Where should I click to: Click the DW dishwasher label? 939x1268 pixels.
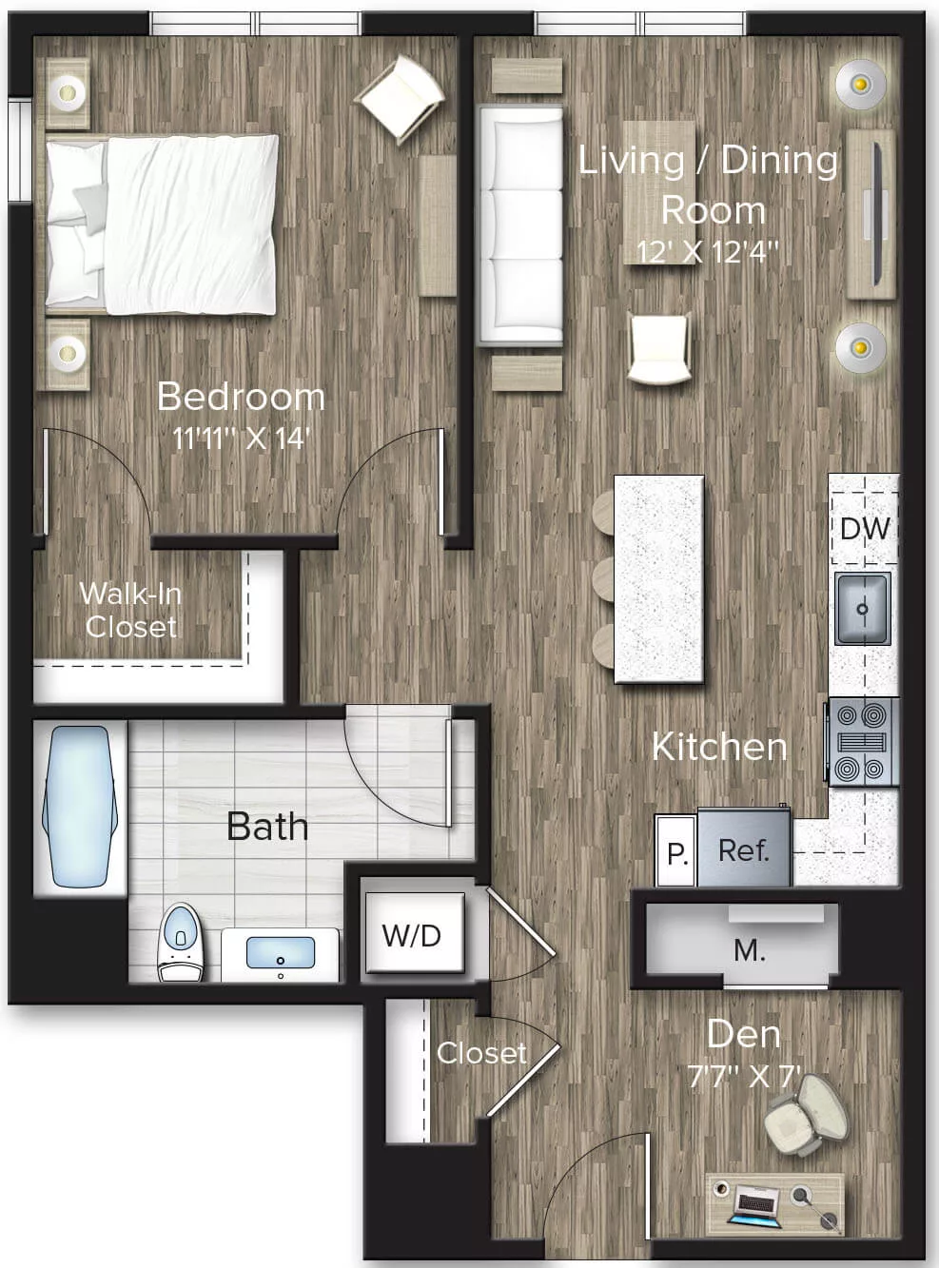pyautogui.click(x=864, y=528)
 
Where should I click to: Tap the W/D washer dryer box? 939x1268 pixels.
pyautogui.click(x=412, y=935)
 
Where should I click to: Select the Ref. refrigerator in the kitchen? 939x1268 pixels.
pyautogui.click(x=743, y=849)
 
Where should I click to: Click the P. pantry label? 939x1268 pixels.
pyautogui.click(x=676, y=853)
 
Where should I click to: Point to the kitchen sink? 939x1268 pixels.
pyautogui.click(x=863, y=609)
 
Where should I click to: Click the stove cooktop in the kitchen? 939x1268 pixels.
pyautogui.click(x=863, y=742)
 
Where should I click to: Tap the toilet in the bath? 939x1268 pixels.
pyautogui.click(x=181, y=942)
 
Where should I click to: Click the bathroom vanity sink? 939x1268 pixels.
pyautogui.click(x=280, y=952)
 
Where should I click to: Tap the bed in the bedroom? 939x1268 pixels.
pyautogui.click(x=164, y=224)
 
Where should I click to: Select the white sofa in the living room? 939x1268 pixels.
pyautogui.click(x=520, y=224)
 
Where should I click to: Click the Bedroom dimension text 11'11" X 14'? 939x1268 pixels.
pyautogui.click(x=242, y=439)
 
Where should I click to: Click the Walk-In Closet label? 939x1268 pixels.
pyautogui.click(x=130, y=610)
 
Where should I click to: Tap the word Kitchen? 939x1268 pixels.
pyautogui.click(x=719, y=747)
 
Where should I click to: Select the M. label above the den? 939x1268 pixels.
pyautogui.click(x=749, y=949)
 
